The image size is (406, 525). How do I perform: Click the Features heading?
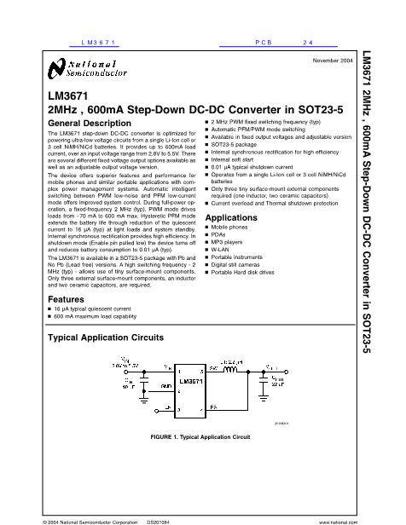pyautogui.click(x=65, y=299)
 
